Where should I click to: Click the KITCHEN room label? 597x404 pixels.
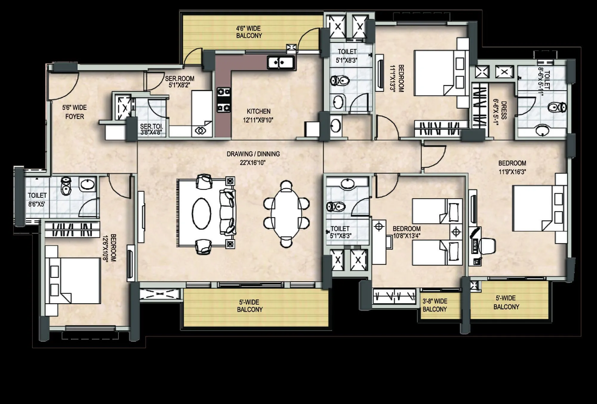click(x=259, y=112)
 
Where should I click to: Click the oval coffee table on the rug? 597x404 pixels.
click(x=201, y=213)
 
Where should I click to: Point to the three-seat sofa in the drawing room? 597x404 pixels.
click(x=227, y=212)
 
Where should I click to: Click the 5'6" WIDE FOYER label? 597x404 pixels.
click(x=74, y=112)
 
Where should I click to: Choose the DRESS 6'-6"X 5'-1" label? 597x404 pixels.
click(x=500, y=110)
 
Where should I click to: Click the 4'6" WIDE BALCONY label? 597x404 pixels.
click(x=249, y=32)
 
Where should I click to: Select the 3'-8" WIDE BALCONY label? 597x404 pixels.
click(x=435, y=305)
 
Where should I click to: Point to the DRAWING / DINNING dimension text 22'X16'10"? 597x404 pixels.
click(x=253, y=163)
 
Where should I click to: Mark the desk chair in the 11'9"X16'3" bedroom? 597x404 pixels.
click(x=487, y=246)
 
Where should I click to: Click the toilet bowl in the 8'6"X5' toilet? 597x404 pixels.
click(x=66, y=186)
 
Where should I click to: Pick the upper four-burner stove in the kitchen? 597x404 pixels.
click(x=224, y=92)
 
